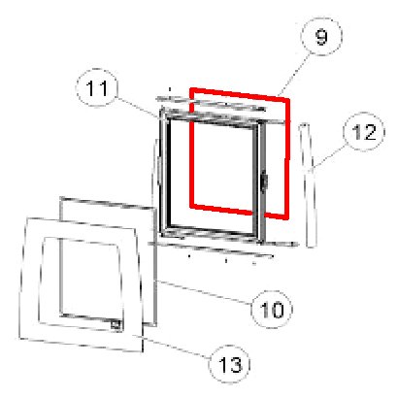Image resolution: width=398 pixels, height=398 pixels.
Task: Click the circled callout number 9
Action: (321, 37)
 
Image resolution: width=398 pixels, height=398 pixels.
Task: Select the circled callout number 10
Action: (272, 310)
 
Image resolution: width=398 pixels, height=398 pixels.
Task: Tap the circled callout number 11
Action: (97, 87)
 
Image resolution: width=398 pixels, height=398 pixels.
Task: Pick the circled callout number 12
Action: (364, 132)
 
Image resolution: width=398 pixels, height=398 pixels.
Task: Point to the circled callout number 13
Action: (230, 364)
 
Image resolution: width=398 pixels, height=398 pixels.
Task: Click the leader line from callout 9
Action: (293, 75)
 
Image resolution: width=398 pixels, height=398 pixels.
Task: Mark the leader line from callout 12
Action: (328, 157)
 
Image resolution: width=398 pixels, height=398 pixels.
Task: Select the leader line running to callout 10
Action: (205, 292)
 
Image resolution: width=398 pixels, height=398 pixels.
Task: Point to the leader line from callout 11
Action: (138, 108)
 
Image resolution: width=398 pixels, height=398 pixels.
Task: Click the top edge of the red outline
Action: (240, 93)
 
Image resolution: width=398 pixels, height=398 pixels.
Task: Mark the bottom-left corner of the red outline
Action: (191, 206)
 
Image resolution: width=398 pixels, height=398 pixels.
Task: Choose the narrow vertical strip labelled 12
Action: (307, 185)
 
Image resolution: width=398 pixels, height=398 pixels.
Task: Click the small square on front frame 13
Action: (116, 325)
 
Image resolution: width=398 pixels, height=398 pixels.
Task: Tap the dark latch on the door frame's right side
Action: (265, 182)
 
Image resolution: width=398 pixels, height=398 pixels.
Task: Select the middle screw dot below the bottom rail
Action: (226, 260)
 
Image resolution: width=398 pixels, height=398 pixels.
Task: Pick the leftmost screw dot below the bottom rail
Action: (189, 256)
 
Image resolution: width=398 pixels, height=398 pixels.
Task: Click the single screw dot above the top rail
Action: (170, 88)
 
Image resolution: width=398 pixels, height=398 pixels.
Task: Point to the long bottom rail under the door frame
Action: (223, 245)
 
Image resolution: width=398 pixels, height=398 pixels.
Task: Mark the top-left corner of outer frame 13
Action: (27, 218)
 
